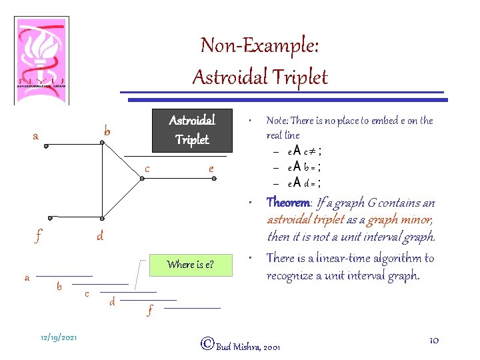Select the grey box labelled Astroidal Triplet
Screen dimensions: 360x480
[x=192, y=130]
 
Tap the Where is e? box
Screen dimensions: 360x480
[x=191, y=265]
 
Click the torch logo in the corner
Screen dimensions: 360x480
[x=41, y=60]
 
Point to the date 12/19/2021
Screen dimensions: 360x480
[x=59, y=337]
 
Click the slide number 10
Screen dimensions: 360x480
[x=433, y=341]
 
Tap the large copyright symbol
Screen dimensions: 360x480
[x=207, y=343]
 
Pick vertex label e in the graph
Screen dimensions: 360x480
[x=211, y=169]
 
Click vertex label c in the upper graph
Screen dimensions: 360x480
[x=147, y=169]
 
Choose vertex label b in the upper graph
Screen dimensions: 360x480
[x=107, y=131]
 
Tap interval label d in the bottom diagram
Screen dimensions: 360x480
[x=112, y=302]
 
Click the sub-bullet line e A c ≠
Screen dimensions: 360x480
[x=305, y=151]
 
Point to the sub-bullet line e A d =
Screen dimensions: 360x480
[x=305, y=183]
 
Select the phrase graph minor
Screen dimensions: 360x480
[x=407, y=220]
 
